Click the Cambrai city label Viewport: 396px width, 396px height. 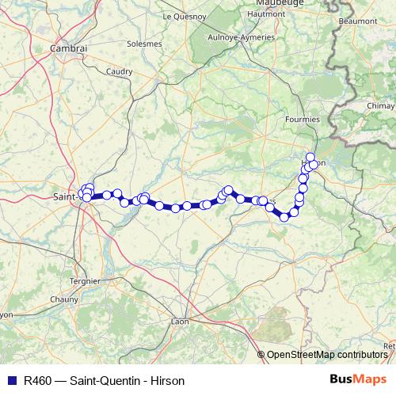[69, 48]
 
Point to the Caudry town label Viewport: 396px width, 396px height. [119, 71]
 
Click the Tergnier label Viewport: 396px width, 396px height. [84, 280]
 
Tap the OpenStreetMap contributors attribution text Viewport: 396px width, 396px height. [326, 355]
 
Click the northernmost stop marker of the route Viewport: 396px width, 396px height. [310, 157]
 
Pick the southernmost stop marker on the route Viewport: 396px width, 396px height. [284, 217]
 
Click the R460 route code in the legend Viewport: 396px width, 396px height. [37, 381]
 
